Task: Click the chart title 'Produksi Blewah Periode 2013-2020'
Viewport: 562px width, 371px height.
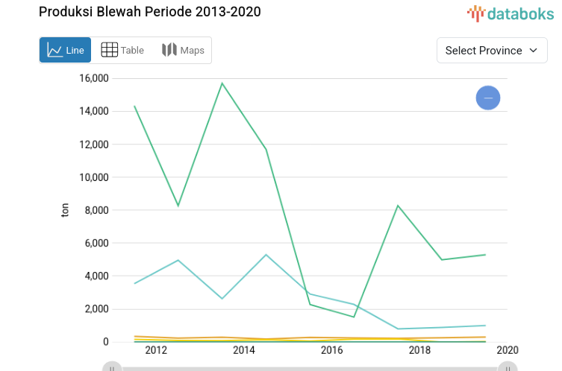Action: [x=150, y=12]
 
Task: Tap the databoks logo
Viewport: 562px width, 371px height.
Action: [x=511, y=13]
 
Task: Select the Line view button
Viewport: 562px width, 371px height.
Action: [x=66, y=50]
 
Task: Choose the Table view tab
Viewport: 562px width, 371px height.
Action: [x=122, y=50]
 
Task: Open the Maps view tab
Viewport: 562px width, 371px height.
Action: [x=183, y=50]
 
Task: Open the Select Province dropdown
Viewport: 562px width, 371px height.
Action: [x=491, y=50]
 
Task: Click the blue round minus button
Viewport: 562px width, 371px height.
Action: [x=488, y=98]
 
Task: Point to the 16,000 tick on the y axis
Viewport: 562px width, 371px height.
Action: [x=94, y=78]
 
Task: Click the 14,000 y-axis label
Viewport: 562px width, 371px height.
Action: [x=94, y=111]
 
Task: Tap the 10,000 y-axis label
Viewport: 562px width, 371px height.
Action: [x=94, y=177]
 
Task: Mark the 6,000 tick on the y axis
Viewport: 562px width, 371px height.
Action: [x=96, y=243]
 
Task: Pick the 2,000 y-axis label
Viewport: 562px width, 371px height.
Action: [x=96, y=309]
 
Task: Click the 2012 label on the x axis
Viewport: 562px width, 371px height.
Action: [x=156, y=350]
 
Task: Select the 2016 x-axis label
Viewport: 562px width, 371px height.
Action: [x=331, y=350]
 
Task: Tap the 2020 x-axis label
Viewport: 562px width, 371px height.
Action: [x=507, y=350]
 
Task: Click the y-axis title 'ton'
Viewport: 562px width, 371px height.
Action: [x=65, y=210]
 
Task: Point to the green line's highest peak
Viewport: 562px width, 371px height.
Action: [x=222, y=83]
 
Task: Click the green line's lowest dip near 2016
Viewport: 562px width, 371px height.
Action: [x=354, y=317]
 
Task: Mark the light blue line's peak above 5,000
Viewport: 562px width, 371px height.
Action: [x=266, y=255]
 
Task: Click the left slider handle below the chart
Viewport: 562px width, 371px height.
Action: [x=112, y=367]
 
